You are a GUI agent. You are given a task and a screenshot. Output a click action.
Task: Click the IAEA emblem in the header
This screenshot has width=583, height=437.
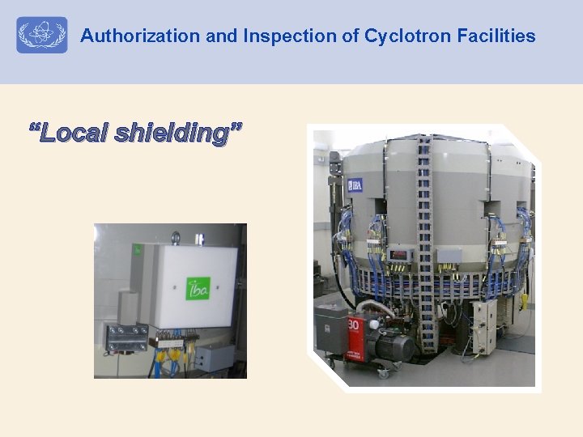point(41,36)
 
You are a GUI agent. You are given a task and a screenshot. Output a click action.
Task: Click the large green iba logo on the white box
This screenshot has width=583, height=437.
point(198,288)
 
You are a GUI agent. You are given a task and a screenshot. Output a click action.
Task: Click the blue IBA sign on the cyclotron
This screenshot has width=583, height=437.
point(355,185)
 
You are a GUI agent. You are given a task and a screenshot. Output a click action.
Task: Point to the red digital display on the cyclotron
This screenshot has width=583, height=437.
point(399,253)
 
